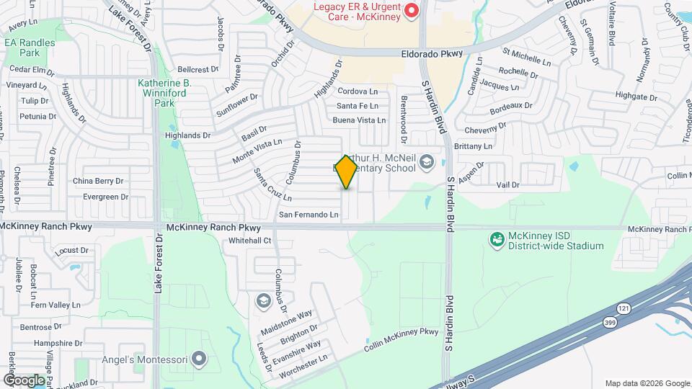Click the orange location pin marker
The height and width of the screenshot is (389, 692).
click(x=347, y=171)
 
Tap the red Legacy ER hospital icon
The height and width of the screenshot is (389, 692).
click(x=412, y=10)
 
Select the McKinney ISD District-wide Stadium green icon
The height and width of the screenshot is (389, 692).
click(x=496, y=239)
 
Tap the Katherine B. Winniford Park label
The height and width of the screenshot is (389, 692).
click(x=164, y=93)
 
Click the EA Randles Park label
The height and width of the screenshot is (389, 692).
click(x=30, y=48)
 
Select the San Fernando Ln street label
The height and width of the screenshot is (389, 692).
click(x=309, y=215)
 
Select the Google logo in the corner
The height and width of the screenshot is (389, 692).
click(x=24, y=380)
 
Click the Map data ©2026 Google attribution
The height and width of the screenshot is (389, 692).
click(x=646, y=383)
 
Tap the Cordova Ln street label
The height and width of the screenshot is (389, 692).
click(x=358, y=91)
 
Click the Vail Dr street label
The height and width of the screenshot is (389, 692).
click(x=507, y=185)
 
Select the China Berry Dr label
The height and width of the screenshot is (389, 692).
click(x=98, y=181)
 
